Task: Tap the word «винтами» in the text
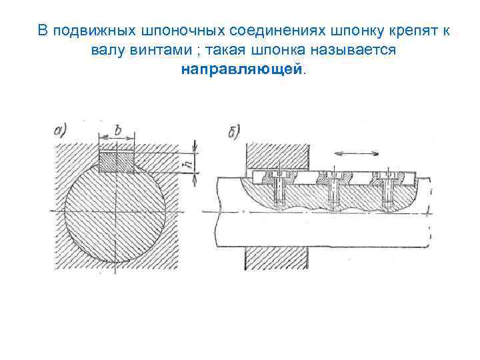coord(153,50)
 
